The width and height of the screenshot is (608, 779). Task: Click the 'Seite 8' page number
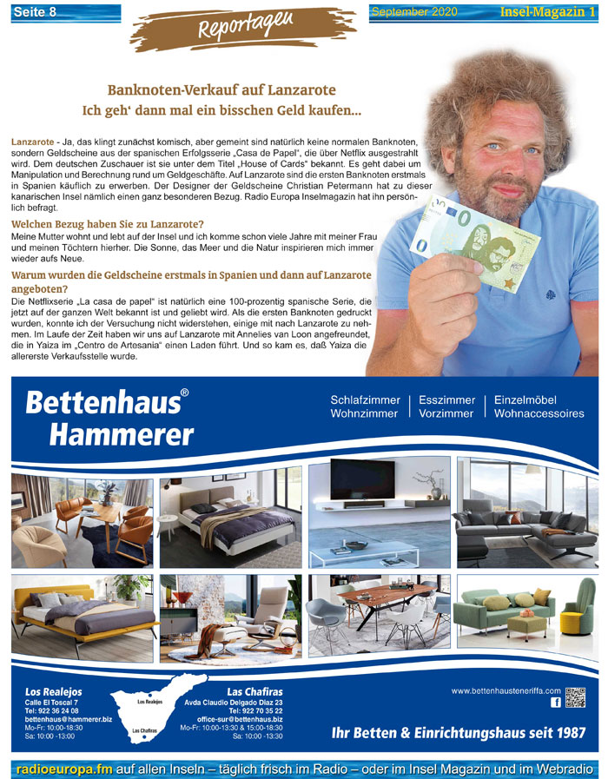tap(35, 12)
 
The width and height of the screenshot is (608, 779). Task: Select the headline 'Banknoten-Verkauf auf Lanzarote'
tap(221, 90)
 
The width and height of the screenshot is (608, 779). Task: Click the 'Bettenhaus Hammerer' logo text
tap(109, 417)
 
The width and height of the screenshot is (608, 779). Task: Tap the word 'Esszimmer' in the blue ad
tap(446, 400)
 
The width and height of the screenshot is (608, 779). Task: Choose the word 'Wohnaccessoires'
tap(539, 414)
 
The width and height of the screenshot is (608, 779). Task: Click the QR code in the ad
tap(575, 698)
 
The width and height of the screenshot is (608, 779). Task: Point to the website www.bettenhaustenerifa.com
tap(506, 690)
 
